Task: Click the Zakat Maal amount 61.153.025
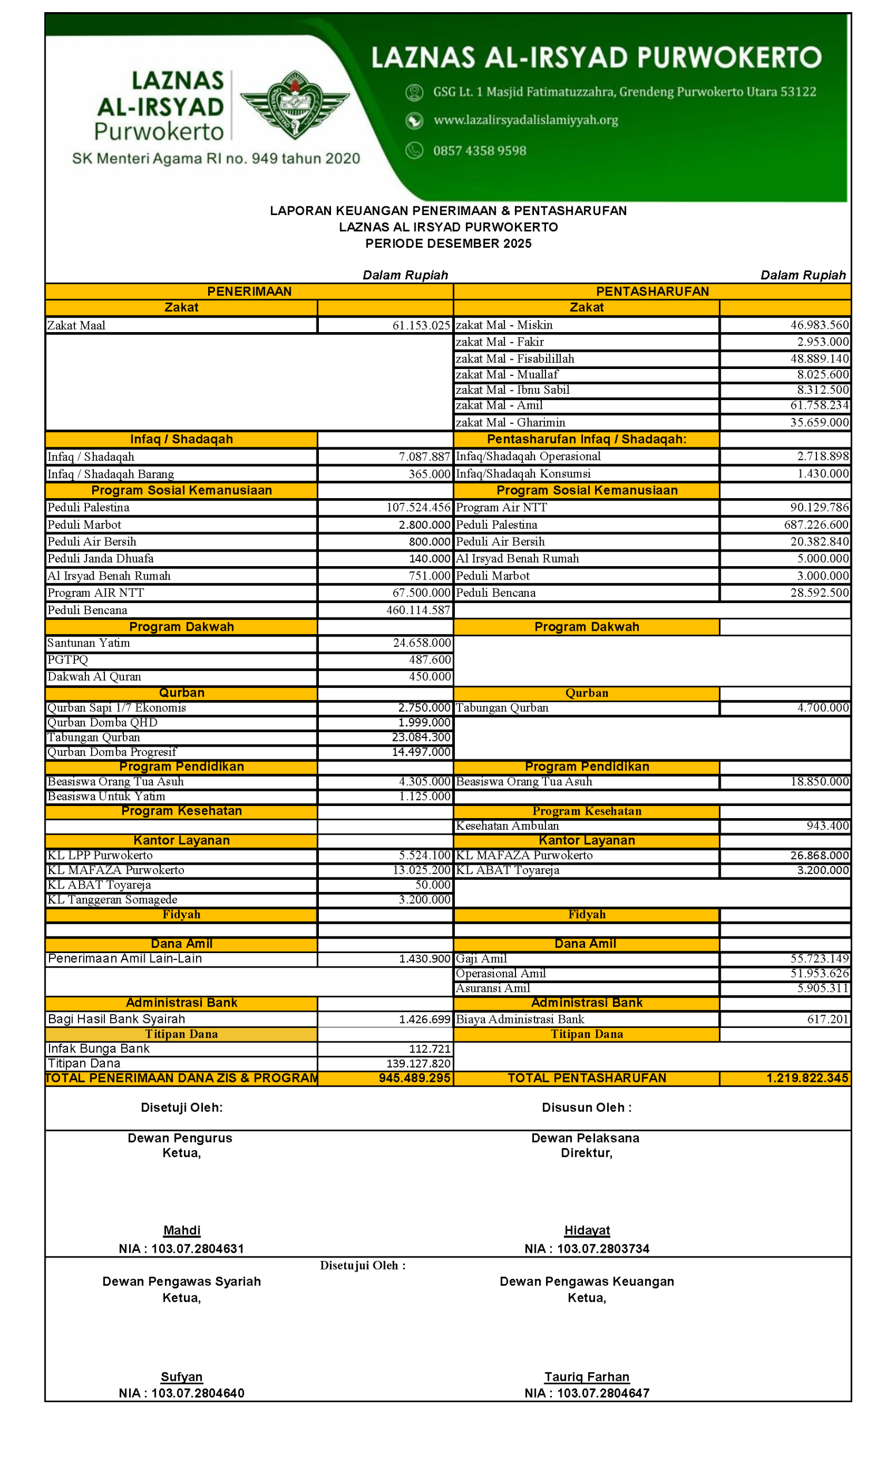[420, 325]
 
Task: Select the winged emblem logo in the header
[295, 105]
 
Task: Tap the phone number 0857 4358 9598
[479, 151]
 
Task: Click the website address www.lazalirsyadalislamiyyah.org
[525, 121]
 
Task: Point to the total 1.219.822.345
[807, 1078]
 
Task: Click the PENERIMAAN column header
[249, 292]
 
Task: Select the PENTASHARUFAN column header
[652, 292]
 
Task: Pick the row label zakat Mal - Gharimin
[510, 422]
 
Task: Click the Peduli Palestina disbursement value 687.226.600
[816, 525]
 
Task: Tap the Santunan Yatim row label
[89, 643]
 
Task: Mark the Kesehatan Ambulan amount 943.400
[827, 826]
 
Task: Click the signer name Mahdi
[182, 1230]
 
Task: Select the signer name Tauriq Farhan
[587, 1377]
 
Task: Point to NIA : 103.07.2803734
[587, 1249]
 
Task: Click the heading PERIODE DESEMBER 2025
[448, 244]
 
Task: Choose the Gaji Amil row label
[481, 959]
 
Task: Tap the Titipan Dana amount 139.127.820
[418, 1063]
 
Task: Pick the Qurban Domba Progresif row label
[112, 752]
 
